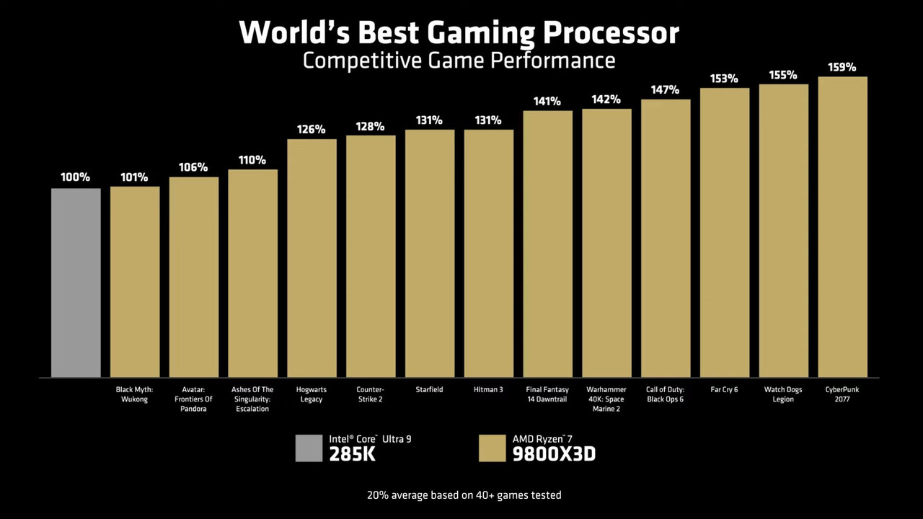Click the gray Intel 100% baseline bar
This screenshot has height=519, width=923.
pos(76,283)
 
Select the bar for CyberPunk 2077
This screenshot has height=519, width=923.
pos(842,227)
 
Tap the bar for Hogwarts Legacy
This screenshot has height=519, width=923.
pos(312,258)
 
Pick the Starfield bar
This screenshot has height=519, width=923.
pos(430,254)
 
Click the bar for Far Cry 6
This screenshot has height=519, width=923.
pos(724,232)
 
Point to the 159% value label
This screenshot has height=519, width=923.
pos(842,68)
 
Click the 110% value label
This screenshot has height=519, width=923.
pos(252,160)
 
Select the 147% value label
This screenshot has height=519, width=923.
pos(665,90)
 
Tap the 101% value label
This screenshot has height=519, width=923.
pos(134,177)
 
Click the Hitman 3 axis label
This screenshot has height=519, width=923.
pos(488,390)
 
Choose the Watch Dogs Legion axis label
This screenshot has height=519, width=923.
pos(783,394)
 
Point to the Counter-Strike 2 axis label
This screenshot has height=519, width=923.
pos(371,394)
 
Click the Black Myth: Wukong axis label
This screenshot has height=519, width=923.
pos(134,394)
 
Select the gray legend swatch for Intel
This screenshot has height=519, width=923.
pos(309,448)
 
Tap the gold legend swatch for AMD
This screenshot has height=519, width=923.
pos(492,448)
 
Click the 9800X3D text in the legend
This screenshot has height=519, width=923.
pos(554,454)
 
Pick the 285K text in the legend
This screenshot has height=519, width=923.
pos(352,454)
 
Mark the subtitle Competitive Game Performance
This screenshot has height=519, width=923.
pos(459,61)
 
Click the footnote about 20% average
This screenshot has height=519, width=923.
pos(464,495)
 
